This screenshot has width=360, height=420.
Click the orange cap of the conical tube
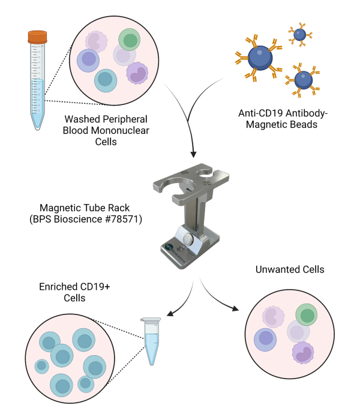point(37,37)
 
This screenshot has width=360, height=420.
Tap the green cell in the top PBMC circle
point(130,40)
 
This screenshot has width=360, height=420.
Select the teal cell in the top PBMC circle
point(106,80)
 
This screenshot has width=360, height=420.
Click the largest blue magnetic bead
point(260,58)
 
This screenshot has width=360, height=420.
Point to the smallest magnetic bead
point(300,35)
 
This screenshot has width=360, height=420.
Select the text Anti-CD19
point(260,113)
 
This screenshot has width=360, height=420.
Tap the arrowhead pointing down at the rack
point(193,154)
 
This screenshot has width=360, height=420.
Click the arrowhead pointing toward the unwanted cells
point(235,308)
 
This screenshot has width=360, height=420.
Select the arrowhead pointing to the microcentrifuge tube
point(170,313)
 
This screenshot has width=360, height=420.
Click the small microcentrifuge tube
point(151,341)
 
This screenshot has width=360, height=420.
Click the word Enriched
point(55,287)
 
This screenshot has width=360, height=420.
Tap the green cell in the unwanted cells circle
point(307,315)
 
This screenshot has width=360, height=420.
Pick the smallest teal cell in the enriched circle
point(42,367)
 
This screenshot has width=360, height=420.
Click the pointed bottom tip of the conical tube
point(37,129)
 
